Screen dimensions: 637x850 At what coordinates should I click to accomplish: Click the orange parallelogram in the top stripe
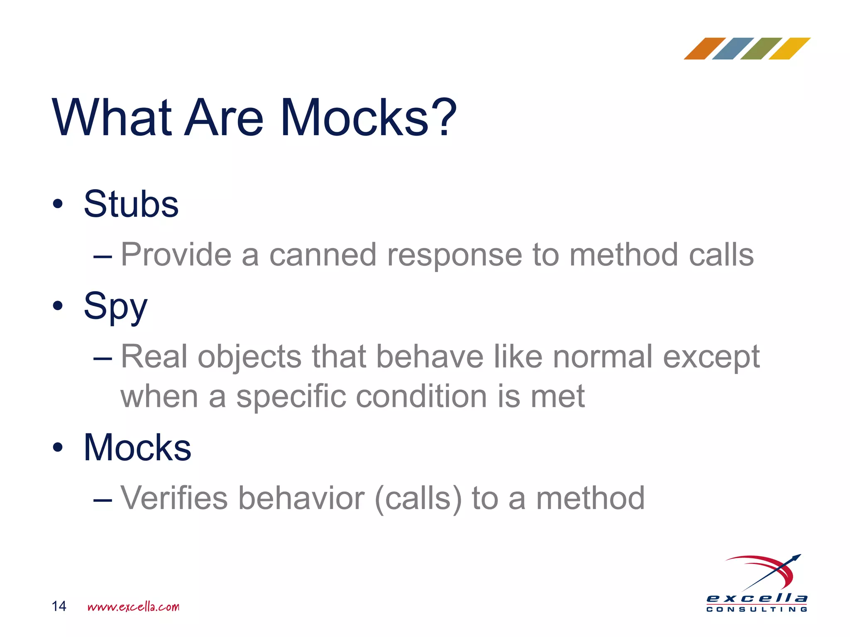[x=704, y=49]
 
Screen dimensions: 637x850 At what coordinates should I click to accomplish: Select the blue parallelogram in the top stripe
[x=733, y=49]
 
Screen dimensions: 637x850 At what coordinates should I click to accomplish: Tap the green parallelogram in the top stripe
[x=761, y=49]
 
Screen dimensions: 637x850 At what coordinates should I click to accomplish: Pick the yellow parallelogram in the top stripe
[x=789, y=49]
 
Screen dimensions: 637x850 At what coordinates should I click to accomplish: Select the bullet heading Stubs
[x=131, y=204]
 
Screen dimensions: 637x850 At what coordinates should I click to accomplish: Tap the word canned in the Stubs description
[x=323, y=255]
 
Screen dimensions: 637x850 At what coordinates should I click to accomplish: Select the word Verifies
[x=174, y=498]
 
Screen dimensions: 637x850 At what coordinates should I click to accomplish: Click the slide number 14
[x=59, y=606]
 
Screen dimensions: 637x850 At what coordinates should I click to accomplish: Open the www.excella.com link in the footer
[x=133, y=607]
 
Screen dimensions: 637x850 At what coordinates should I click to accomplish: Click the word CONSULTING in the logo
[x=757, y=610]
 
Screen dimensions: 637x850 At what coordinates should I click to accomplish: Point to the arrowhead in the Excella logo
[x=796, y=558]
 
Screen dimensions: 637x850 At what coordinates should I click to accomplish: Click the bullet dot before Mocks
[x=58, y=447]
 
